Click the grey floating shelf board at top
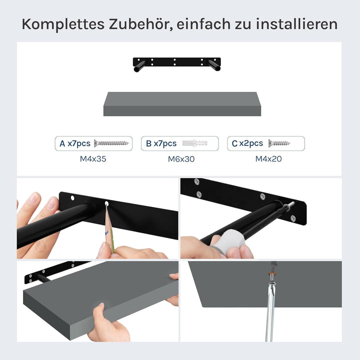click(182, 104)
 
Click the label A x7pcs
click(75, 143)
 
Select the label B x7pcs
click(161, 143)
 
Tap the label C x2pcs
click(247, 143)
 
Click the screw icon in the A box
click(111, 143)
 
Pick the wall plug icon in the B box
click(197, 143)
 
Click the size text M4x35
click(93, 159)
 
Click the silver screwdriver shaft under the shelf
click(269, 310)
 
